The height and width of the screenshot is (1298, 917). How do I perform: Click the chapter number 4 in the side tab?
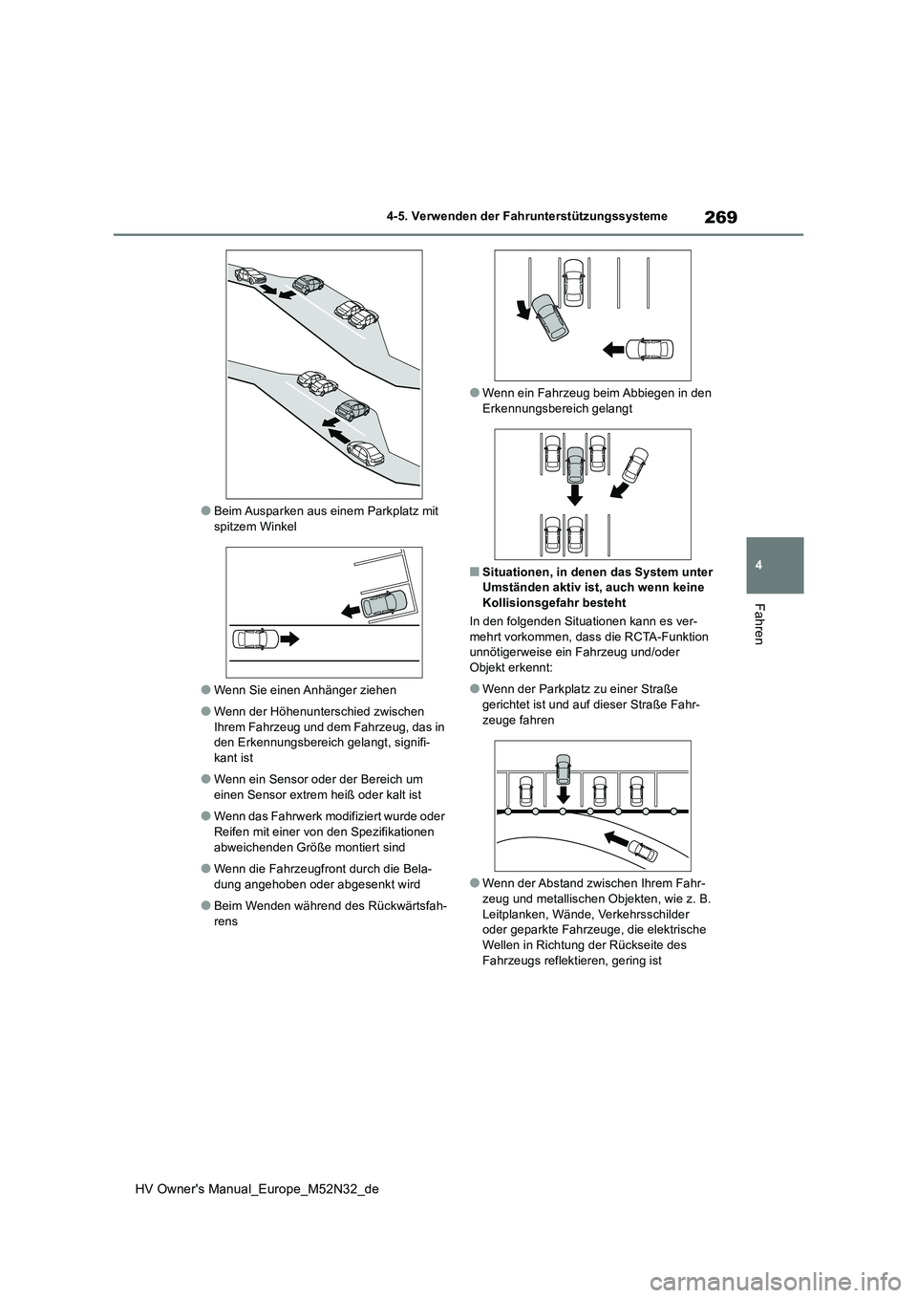(777, 565)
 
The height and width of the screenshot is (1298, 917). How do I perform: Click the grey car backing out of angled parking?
(385, 603)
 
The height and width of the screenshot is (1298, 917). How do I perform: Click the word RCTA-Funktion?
(661, 636)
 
